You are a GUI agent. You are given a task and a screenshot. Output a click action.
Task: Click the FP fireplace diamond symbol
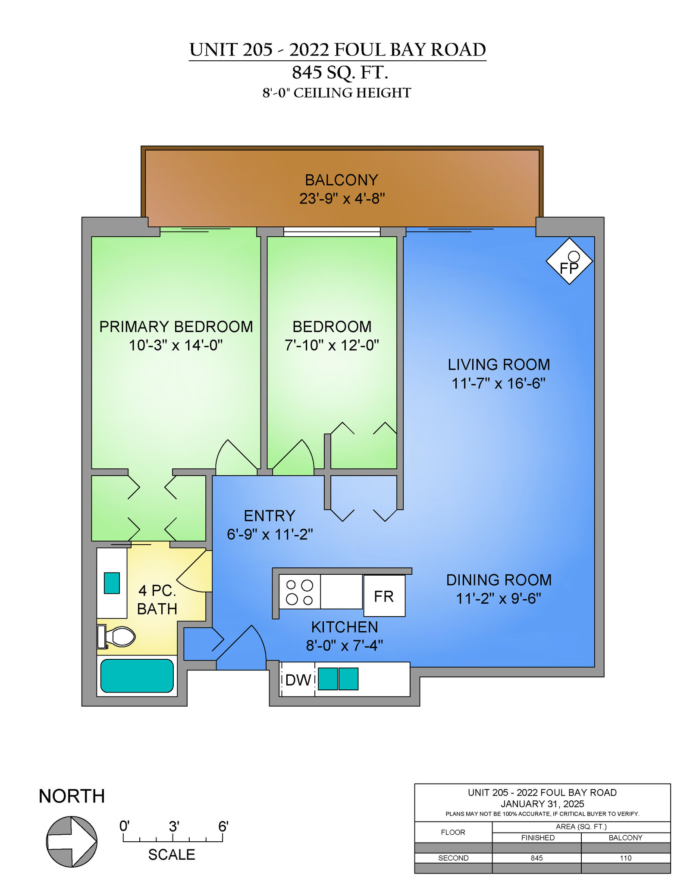569,261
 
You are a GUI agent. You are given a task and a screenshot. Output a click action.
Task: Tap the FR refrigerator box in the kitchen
384,596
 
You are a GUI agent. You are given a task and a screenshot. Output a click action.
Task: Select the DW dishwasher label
298,680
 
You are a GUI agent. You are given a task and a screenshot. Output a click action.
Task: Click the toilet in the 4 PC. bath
116,636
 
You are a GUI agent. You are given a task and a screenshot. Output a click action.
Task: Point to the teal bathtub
137,676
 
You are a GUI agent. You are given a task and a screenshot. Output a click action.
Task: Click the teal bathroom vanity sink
112,583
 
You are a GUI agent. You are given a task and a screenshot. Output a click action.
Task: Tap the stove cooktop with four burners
300,592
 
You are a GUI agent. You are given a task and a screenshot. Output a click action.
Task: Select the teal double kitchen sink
338,679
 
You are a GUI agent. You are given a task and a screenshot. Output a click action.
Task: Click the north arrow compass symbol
72,841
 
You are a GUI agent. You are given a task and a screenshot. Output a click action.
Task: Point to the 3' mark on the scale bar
173,827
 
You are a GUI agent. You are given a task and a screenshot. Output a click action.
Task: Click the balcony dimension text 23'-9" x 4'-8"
342,199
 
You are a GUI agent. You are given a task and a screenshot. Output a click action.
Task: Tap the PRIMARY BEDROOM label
176,327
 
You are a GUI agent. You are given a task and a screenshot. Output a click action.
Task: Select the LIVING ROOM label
499,365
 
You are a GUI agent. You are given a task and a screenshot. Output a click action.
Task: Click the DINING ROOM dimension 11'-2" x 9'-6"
499,598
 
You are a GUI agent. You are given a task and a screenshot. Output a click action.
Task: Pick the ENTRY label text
270,516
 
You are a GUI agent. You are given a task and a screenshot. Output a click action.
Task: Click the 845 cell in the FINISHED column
537,858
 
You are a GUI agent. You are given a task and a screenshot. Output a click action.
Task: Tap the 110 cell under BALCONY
626,858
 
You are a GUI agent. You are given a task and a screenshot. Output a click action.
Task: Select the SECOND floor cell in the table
453,858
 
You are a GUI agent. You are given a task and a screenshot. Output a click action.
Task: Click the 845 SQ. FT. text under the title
340,72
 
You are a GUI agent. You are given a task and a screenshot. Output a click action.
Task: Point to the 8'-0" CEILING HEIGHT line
337,93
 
